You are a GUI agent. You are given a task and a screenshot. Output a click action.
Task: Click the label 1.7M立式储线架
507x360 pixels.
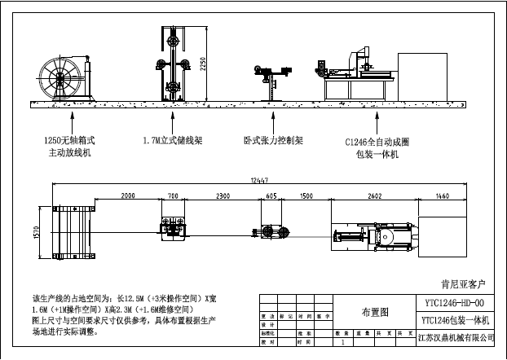tap(172, 140)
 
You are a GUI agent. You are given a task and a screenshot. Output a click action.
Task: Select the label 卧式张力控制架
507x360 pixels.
tap(273, 140)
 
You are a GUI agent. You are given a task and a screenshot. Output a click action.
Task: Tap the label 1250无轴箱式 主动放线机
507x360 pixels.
tap(73, 146)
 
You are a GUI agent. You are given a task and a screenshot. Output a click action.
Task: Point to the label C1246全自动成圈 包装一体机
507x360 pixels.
tap(377, 147)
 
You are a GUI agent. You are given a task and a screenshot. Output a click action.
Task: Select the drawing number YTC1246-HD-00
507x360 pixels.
tap(459, 301)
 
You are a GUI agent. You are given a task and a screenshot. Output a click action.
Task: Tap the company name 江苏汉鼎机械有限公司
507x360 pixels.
tap(458, 336)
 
